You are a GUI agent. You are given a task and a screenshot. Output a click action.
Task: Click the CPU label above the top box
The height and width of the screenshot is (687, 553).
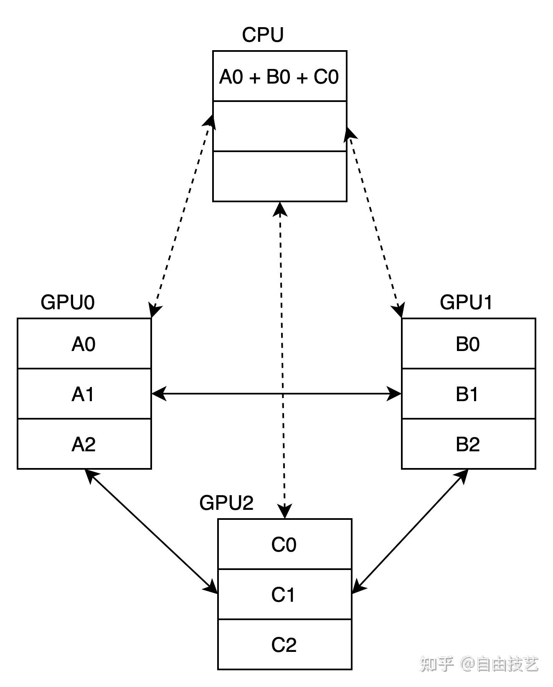263,35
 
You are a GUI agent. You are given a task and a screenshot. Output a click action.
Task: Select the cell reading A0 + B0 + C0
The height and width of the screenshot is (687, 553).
279,76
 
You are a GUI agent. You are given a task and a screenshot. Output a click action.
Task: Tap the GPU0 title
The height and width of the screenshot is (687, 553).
68,302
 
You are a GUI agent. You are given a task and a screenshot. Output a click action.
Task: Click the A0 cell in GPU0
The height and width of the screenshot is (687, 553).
84,344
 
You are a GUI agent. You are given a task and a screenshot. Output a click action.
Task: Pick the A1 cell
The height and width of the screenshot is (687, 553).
84,394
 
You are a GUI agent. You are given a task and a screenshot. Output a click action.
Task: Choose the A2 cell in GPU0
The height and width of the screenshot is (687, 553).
84,444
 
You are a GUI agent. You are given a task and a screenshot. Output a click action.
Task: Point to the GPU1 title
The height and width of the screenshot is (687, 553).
466,302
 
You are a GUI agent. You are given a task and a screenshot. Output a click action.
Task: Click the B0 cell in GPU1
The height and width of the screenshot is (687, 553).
468,344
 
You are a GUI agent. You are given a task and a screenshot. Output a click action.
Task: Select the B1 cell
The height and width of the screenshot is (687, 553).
468,394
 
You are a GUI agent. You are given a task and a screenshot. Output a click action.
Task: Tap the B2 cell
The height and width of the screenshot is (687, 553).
468,444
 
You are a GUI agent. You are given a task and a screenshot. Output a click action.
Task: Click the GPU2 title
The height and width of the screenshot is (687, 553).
226,503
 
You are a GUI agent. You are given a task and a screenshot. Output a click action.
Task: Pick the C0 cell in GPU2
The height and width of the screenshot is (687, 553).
284,545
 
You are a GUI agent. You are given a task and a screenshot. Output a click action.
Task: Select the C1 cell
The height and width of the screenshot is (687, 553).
284,595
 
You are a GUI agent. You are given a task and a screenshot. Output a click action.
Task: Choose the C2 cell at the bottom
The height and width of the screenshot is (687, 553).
284,645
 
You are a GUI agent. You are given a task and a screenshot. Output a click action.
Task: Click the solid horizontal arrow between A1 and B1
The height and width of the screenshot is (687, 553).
234,394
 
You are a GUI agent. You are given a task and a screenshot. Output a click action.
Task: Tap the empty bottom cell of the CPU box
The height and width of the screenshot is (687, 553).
279,176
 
